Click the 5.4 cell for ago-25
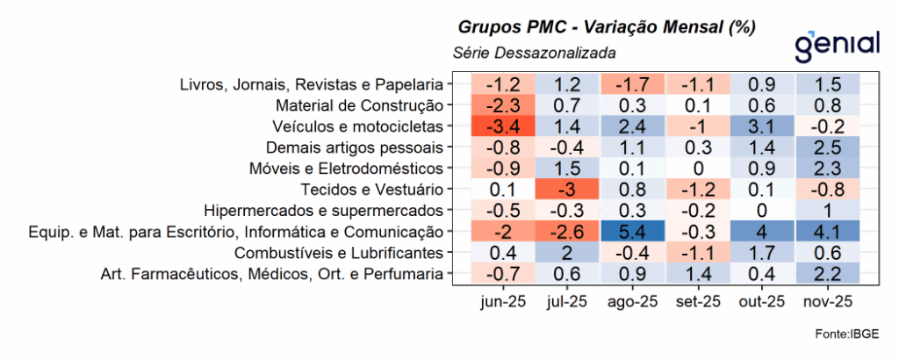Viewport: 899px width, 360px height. click(633, 232)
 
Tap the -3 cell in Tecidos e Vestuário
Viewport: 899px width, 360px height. click(568, 190)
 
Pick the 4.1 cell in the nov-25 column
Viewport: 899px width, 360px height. click(827, 232)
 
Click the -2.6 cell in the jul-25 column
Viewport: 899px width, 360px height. click(568, 232)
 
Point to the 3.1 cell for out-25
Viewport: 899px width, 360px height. click(762, 126)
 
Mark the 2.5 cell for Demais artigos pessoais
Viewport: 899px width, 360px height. click(827, 148)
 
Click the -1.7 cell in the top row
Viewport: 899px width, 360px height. click(633, 84)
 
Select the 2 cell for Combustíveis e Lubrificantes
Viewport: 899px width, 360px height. click(568, 253)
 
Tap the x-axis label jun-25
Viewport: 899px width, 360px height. click(503, 302)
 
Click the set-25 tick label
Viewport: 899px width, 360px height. click(698, 302)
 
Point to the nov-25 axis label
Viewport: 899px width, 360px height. click(827, 302)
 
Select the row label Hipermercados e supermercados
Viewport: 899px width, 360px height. click(322, 211)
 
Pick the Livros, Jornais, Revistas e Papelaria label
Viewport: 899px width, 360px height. click(310, 84)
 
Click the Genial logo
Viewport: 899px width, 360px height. click(836, 45)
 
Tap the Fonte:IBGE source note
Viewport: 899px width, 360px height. click(846, 335)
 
